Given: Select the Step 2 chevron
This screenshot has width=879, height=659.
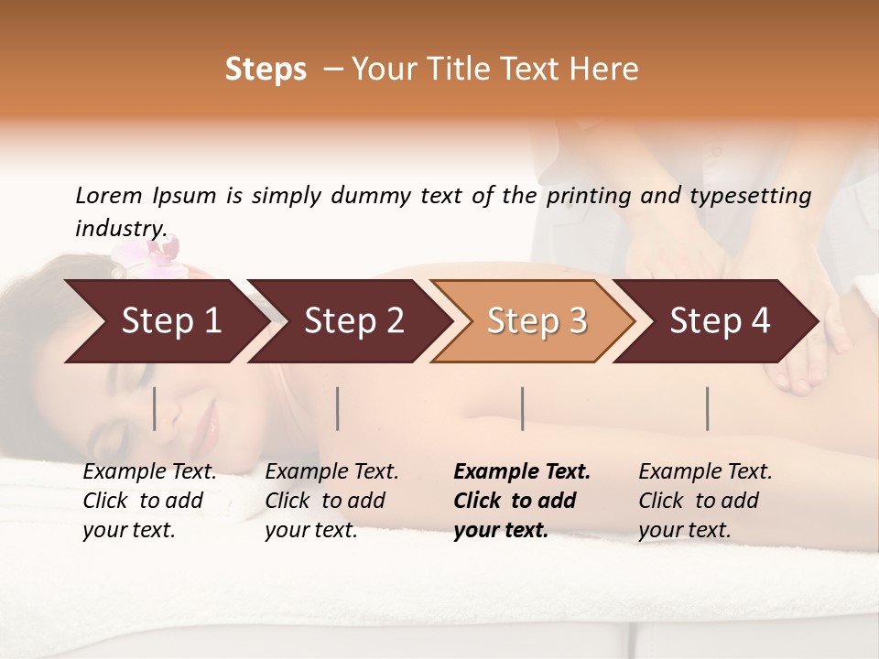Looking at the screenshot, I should click(352, 321).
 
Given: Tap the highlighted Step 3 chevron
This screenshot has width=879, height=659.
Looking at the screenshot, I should click(535, 321).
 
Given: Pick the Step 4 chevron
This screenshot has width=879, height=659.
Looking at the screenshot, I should click(718, 321).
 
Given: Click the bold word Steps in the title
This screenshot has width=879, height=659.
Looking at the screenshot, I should click(266, 70).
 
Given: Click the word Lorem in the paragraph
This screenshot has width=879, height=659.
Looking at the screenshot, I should click(109, 196).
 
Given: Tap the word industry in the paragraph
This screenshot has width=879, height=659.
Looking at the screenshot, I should click(121, 228).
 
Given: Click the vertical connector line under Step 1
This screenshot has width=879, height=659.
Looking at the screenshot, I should click(154, 408).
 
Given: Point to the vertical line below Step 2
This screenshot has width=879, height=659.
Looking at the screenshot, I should click(338, 408).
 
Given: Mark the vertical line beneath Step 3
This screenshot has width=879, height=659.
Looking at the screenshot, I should click(522, 408).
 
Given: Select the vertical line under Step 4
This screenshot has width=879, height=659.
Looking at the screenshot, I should click(707, 408).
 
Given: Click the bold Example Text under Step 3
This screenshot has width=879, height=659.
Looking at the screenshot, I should click(522, 472).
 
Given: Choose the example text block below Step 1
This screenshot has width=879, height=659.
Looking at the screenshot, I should click(149, 501).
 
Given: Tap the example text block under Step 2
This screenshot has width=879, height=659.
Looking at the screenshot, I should click(331, 501).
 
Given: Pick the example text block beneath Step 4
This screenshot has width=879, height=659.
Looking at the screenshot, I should click(705, 501).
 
